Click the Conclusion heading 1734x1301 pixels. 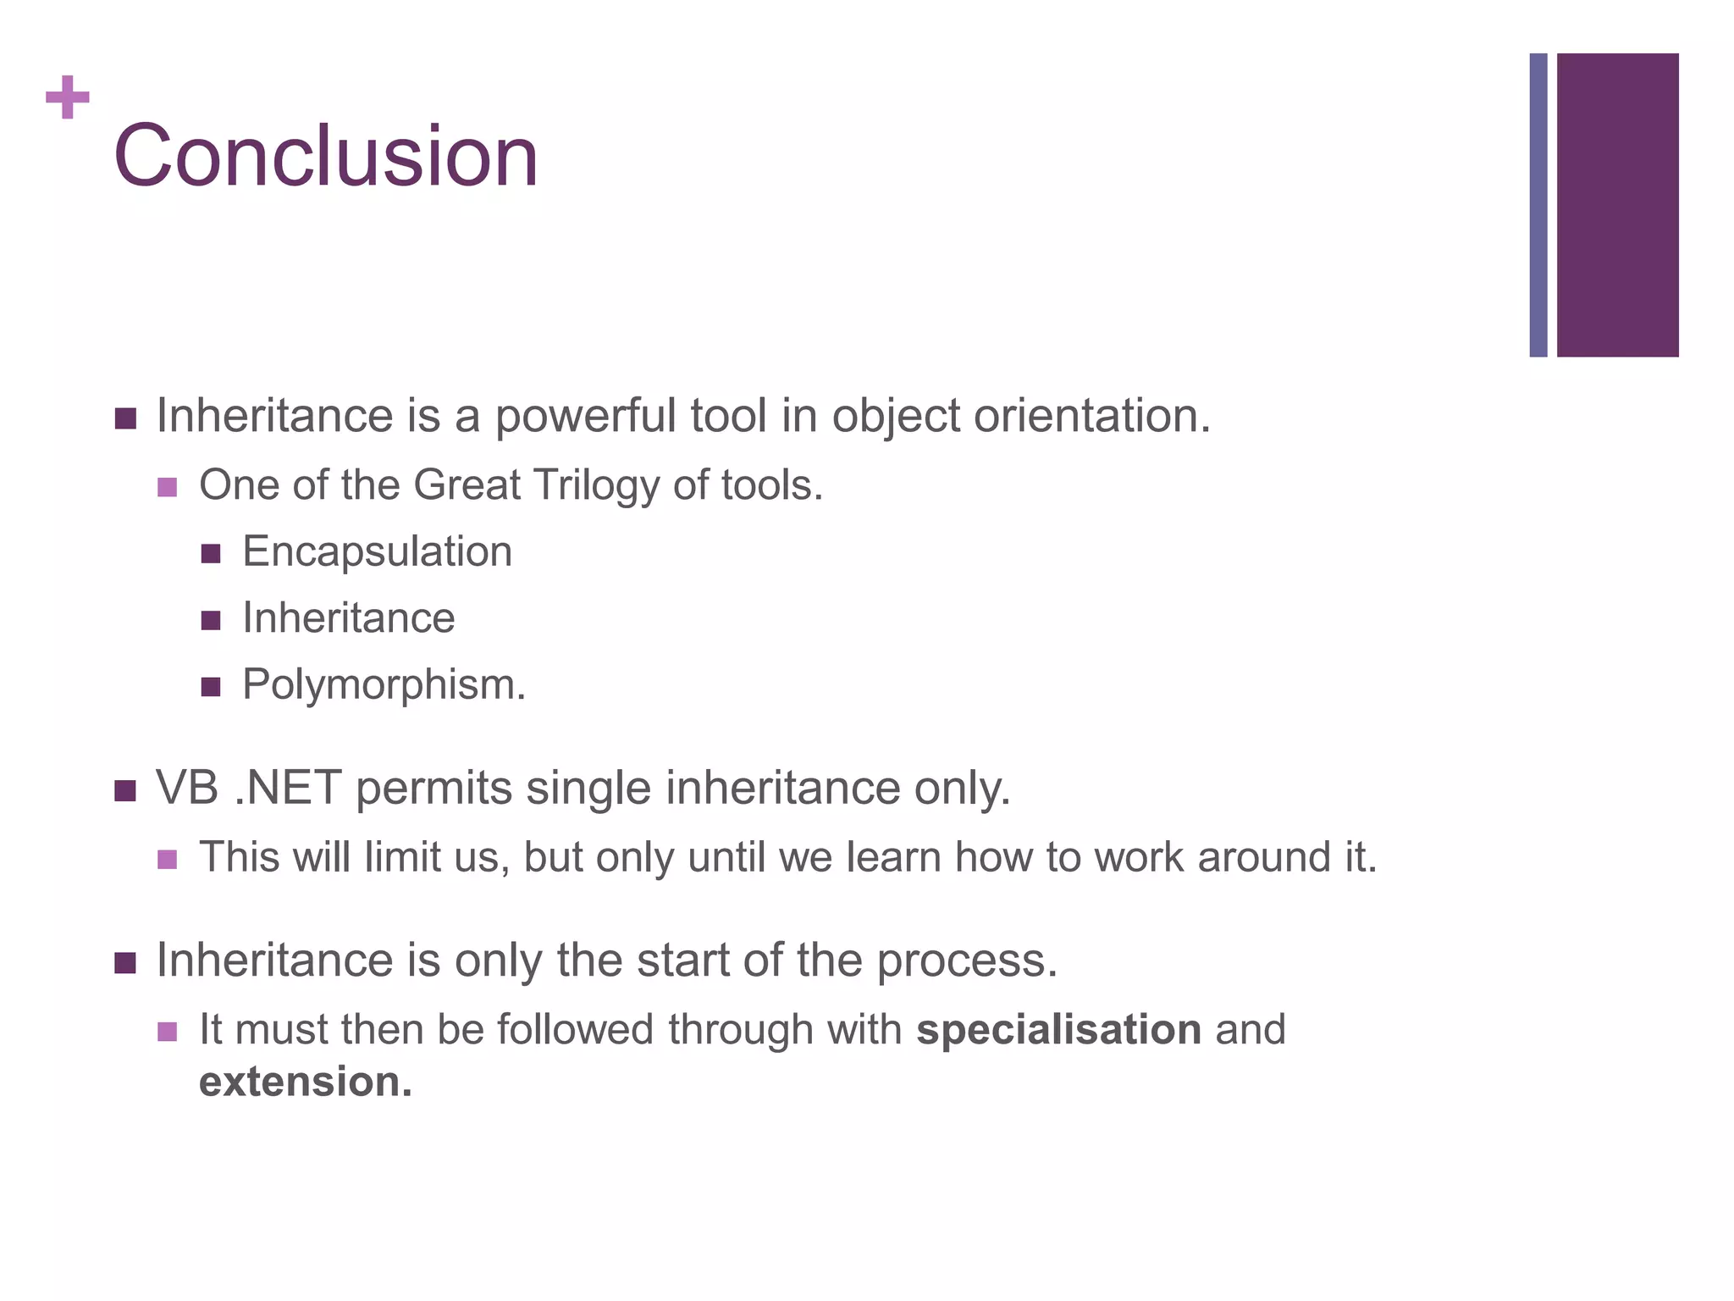[x=326, y=157]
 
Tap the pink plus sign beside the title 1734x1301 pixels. [x=68, y=97]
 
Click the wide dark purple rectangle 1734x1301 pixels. [x=1617, y=205]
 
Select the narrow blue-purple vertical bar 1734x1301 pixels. [x=1538, y=205]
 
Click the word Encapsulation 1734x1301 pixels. [x=377, y=551]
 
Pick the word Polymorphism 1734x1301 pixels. [x=384, y=684]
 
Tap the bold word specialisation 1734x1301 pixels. [x=1058, y=1030]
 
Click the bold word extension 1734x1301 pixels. [x=305, y=1082]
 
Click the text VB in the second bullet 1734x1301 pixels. [x=187, y=788]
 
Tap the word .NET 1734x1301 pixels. [x=288, y=788]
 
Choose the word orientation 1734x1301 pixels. [x=1092, y=417]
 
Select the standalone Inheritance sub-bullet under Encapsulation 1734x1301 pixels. [x=348, y=617]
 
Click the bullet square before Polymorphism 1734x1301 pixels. [x=211, y=686]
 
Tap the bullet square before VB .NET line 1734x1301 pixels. [x=125, y=791]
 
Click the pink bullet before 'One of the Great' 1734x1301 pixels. [x=168, y=488]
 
